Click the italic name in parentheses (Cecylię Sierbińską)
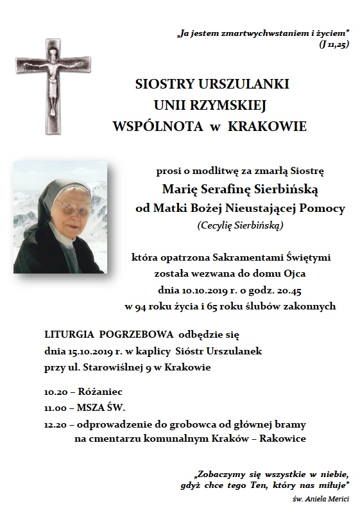click(x=240, y=225)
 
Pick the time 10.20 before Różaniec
click(x=56, y=391)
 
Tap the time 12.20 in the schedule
click(x=56, y=424)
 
